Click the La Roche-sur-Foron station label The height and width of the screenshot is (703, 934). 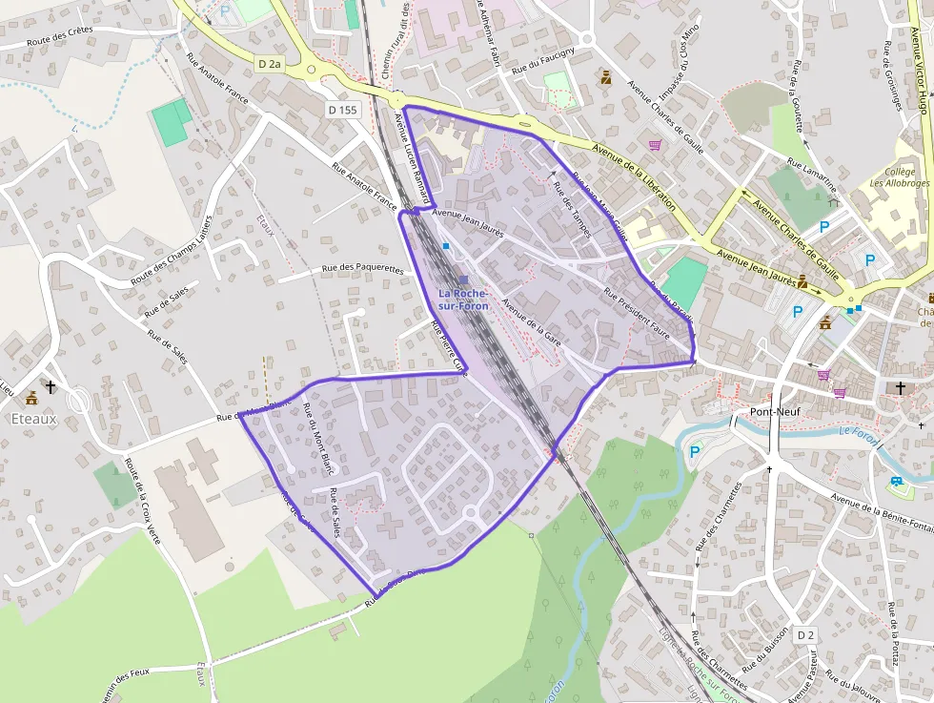(x=463, y=299)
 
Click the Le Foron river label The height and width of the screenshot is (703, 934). (x=858, y=434)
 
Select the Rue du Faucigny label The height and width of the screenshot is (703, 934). (x=543, y=61)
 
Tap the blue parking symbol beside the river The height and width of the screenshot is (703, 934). (x=694, y=452)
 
